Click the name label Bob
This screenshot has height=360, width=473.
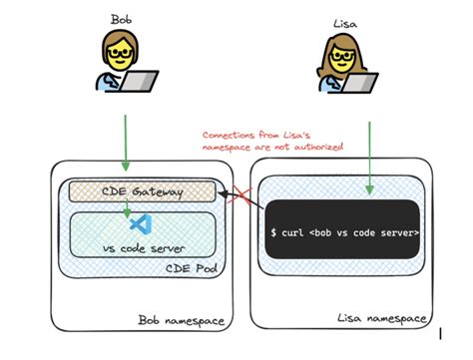121,17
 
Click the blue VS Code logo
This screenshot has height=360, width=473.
139,224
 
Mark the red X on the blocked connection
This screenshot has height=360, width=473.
240,200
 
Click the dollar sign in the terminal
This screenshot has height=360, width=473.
274,232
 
